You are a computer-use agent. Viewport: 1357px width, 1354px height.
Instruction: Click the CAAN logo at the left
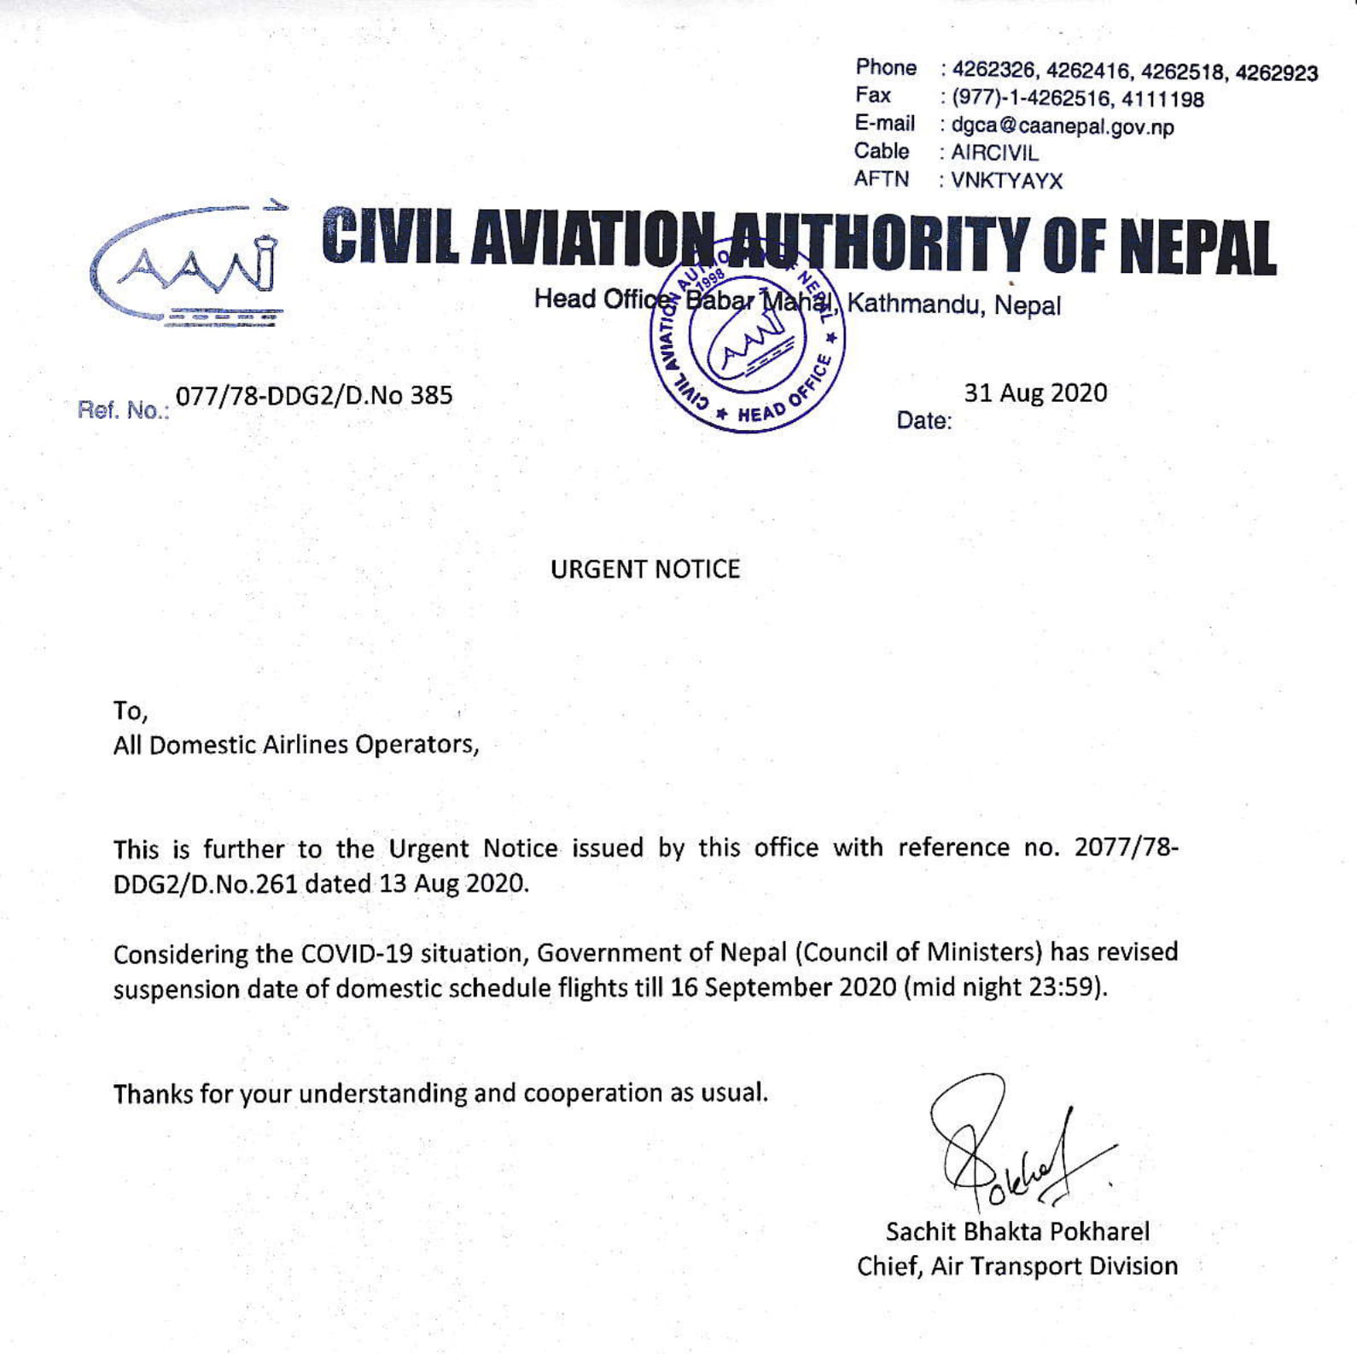pos(188,265)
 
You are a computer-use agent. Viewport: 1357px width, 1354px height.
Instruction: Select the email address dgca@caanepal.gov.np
pos(1063,127)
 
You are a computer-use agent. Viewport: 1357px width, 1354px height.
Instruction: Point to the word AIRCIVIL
pos(994,154)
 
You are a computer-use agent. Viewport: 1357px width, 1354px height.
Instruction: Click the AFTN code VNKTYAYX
pos(1006,181)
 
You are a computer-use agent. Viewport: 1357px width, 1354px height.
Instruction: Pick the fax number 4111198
pos(1162,100)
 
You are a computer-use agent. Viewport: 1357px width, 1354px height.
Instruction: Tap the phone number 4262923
pos(1276,73)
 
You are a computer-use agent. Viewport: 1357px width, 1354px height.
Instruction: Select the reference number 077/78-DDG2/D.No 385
pos(314,396)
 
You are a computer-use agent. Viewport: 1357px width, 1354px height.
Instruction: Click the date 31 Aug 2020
pos(1035,393)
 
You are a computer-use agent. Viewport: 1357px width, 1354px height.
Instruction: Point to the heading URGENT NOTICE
pos(645,569)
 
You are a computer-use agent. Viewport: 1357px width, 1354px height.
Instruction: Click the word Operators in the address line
pos(416,745)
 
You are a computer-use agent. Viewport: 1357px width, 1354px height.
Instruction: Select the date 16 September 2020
pos(783,988)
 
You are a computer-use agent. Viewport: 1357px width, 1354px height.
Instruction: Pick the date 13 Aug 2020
pos(452,883)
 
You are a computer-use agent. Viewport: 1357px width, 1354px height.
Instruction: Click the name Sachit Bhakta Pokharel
pos(1017,1231)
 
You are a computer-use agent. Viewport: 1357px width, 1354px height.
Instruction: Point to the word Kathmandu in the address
pos(917,304)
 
